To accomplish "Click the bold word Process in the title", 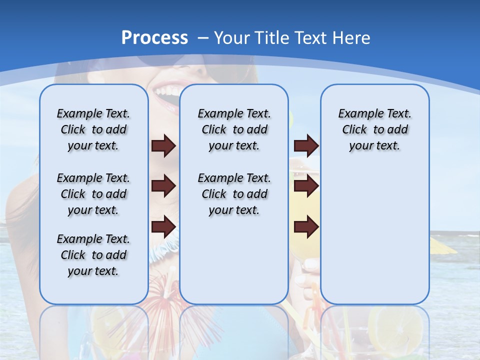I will pyautogui.click(x=154, y=38).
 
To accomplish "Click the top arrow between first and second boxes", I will pyautogui.click(x=163, y=145).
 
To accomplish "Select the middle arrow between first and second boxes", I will pyautogui.click(x=163, y=186).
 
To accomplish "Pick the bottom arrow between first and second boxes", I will pyautogui.click(x=163, y=227).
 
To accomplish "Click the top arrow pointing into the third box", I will pyautogui.click(x=306, y=145).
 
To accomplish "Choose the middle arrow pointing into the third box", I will pyautogui.click(x=306, y=186).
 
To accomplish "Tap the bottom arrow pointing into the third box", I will pyautogui.click(x=306, y=227).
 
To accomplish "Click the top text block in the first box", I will pyautogui.click(x=93, y=129).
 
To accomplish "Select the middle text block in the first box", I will pyautogui.click(x=93, y=194).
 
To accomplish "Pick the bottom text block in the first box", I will pyautogui.click(x=93, y=255).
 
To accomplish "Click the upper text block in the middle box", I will pyautogui.click(x=234, y=129).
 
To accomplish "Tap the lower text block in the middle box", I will pyautogui.click(x=234, y=194).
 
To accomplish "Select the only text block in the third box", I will pyautogui.click(x=374, y=129).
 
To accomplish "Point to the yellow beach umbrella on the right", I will pyautogui.click(x=442, y=245).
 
